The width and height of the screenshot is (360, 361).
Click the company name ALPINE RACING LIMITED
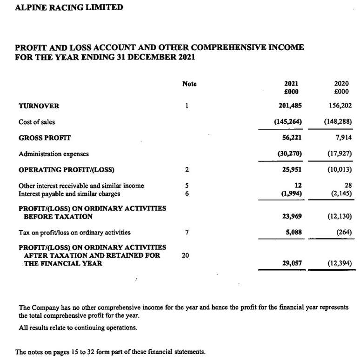point(69,7)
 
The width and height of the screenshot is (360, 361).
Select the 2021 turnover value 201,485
point(290,106)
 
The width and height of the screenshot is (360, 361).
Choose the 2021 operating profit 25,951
point(292,169)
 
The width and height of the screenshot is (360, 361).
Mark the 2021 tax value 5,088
point(294,232)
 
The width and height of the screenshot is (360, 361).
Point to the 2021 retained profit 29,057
point(292,263)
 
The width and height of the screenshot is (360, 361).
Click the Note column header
point(189,84)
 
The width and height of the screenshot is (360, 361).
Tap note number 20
point(185,255)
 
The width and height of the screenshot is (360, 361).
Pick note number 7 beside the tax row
point(186,232)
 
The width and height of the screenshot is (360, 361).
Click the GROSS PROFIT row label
point(45,138)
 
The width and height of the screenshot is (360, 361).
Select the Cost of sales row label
point(36,122)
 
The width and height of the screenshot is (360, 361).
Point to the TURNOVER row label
point(39,106)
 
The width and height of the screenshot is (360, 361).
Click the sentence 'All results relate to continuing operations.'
point(78,328)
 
